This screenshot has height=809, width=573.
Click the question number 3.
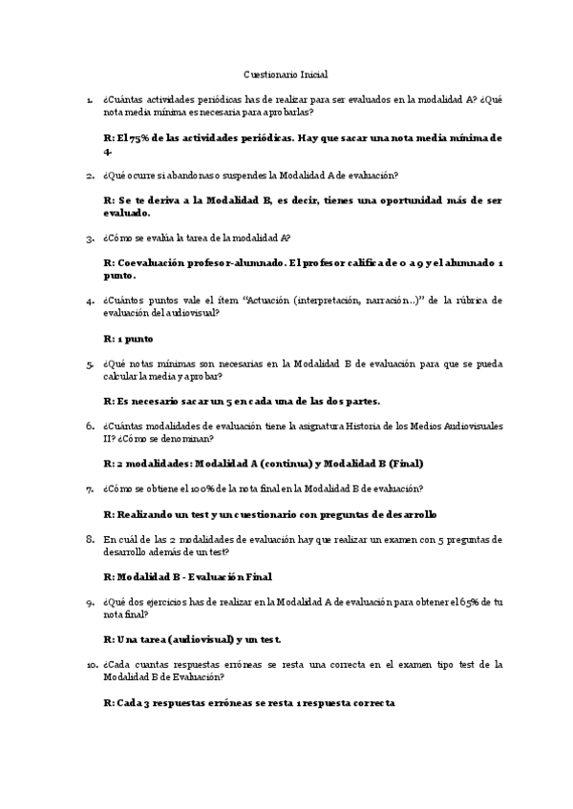coord(90,239)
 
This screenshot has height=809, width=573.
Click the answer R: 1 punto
coord(127,338)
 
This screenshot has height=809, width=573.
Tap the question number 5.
coord(90,363)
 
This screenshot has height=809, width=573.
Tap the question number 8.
coord(90,540)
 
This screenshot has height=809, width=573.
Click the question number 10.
coord(91,664)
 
